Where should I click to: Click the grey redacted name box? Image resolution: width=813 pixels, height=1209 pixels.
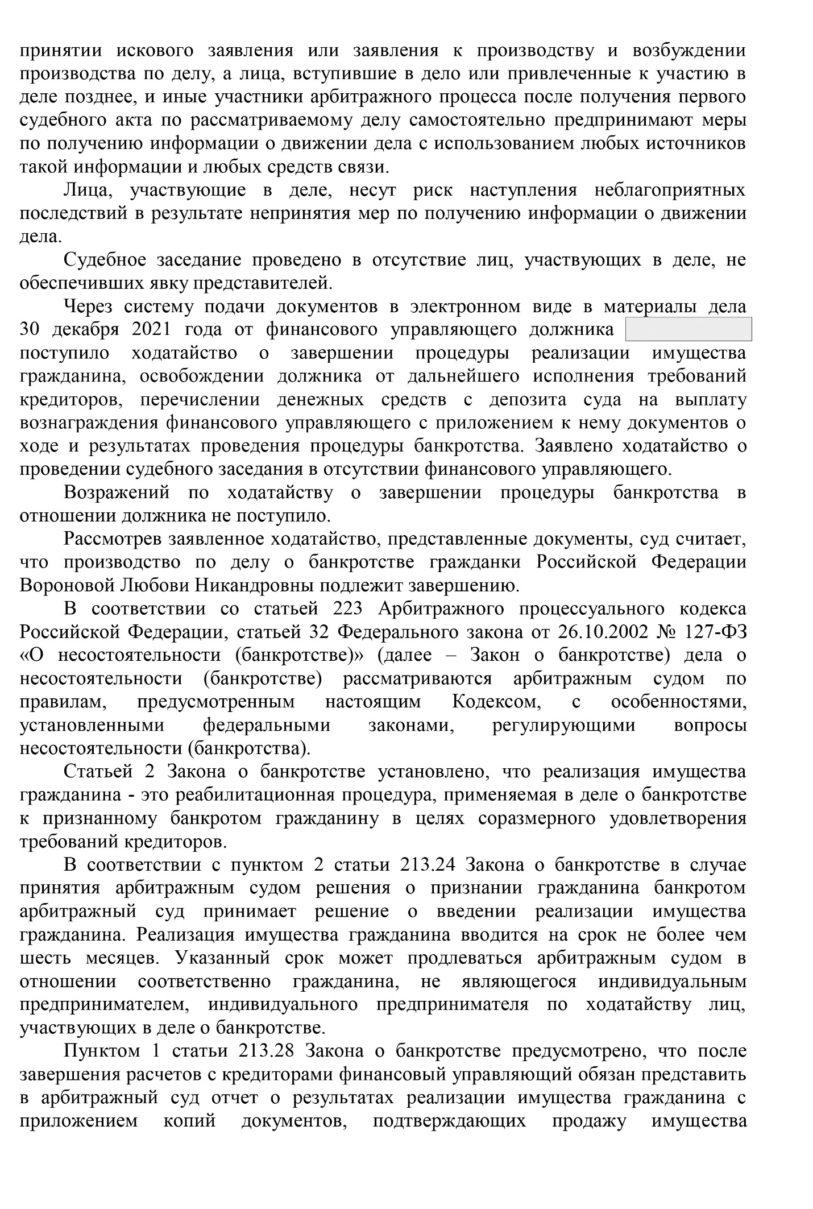(688, 330)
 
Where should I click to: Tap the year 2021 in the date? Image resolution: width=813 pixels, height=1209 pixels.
(152, 330)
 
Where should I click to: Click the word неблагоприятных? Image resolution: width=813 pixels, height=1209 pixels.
(670, 190)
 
